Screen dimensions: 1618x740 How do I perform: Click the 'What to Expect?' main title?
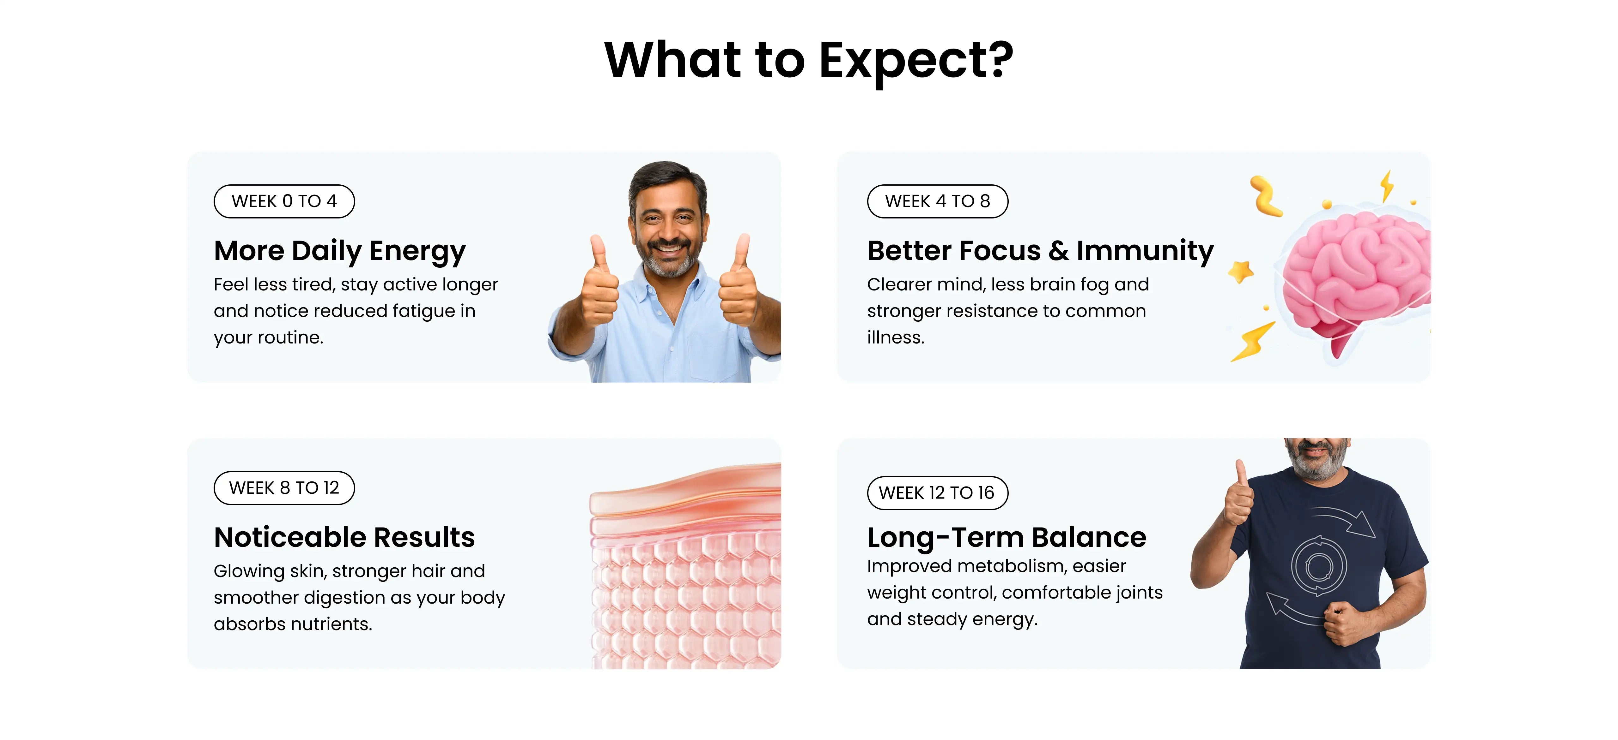point(808,60)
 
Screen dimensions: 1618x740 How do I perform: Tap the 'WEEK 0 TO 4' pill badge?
point(284,201)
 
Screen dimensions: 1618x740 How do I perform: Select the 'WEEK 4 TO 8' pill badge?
point(937,201)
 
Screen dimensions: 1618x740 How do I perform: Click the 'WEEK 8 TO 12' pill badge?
point(284,488)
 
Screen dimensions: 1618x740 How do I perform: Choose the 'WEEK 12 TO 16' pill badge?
point(937,493)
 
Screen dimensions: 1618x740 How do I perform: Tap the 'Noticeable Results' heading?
point(344,537)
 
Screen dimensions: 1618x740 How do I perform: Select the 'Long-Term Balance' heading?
point(1006,537)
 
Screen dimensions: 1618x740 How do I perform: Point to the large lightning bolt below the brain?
point(1253,342)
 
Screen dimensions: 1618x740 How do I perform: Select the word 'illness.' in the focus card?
point(896,338)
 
